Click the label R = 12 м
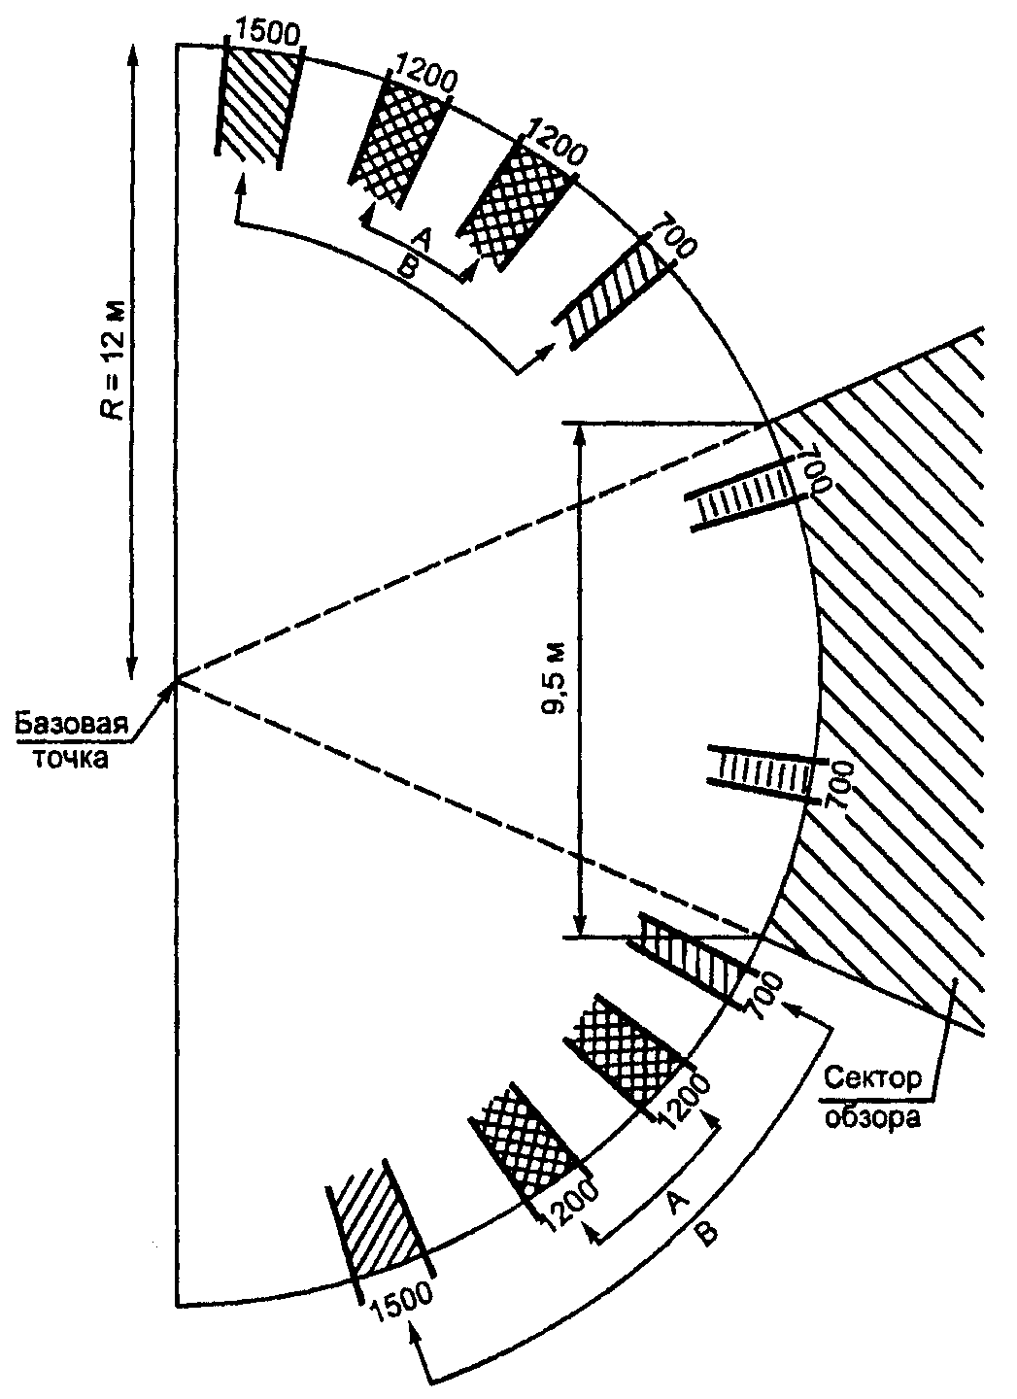(x=118, y=361)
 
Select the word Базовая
(x=71, y=725)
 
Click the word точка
(x=70, y=758)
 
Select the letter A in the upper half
(x=423, y=239)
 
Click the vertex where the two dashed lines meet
(x=177, y=679)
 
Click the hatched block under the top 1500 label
(x=257, y=103)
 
